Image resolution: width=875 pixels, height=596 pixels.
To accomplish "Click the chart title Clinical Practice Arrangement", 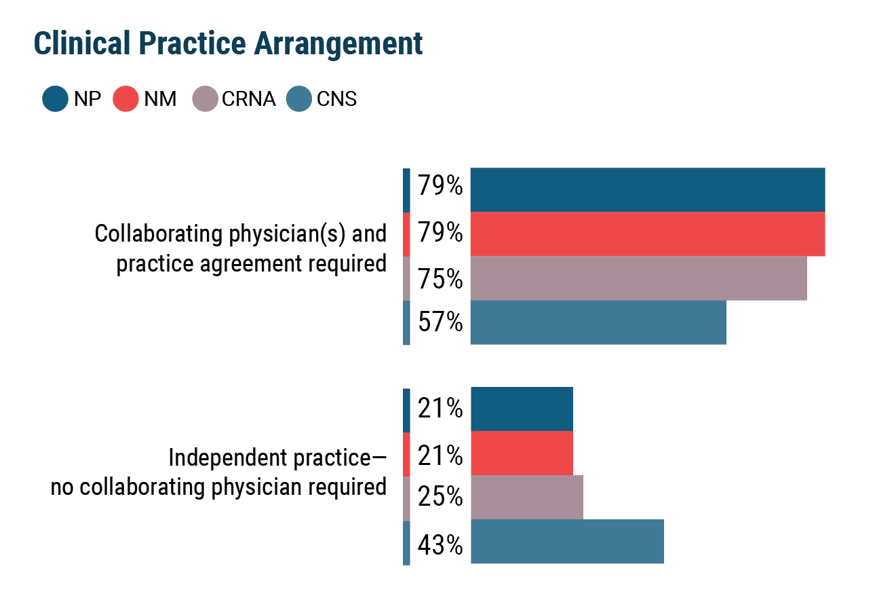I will (x=228, y=44).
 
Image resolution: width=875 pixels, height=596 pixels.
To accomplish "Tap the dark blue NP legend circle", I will (x=55, y=99).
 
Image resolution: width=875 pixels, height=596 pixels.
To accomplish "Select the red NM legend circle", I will (x=126, y=99).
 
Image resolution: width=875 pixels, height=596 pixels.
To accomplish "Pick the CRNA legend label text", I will (x=248, y=99).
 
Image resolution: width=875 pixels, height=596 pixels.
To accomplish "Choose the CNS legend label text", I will (x=336, y=99).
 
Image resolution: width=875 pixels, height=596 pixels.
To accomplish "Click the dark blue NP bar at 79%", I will (x=647, y=190).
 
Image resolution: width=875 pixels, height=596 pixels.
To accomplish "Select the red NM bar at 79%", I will (x=647, y=234).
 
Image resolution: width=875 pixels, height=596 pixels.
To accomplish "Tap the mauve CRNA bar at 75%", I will (x=638, y=278).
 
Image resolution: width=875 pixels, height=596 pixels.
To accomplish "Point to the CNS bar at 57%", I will (x=598, y=322).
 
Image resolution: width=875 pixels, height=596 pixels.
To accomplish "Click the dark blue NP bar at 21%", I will (x=522, y=409).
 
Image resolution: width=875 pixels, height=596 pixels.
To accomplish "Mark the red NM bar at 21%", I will (x=522, y=453).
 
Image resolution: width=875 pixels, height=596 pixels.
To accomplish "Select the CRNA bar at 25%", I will (x=526, y=498).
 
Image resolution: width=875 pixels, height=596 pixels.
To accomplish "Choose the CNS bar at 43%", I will (x=567, y=542).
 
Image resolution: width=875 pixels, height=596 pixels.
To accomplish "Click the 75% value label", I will (x=440, y=279).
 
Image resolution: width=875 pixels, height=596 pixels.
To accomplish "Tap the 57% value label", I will (x=440, y=322).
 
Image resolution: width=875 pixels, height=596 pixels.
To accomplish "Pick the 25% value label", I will (x=440, y=498).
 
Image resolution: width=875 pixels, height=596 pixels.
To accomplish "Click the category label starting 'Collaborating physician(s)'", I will (x=241, y=248).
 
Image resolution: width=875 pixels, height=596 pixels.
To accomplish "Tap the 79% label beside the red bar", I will (x=440, y=233).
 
